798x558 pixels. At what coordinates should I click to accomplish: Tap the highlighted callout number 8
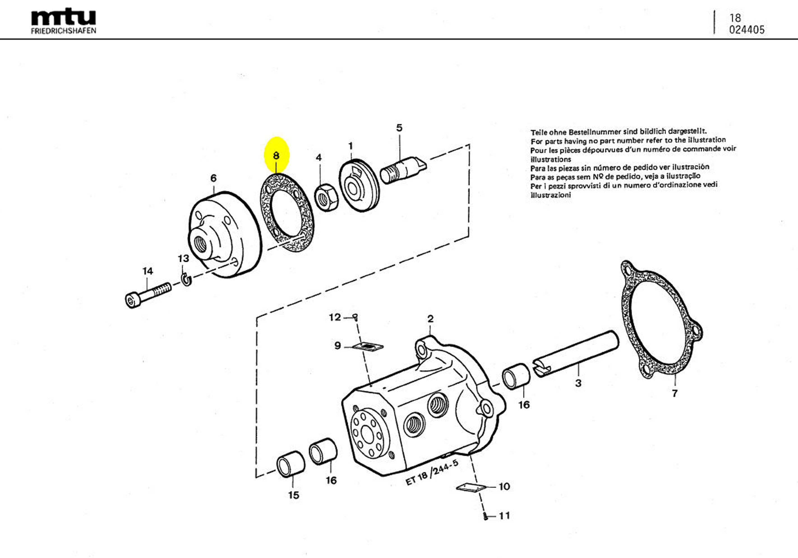(276, 155)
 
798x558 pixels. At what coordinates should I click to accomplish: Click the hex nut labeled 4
(326, 197)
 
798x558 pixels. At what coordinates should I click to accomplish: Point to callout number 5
(399, 128)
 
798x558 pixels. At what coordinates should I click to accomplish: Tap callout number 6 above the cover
(213, 178)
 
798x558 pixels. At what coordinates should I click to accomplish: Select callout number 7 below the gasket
(675, 394)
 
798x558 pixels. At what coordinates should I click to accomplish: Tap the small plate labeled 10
(470, 488)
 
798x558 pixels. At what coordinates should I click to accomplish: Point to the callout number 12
(335, 317)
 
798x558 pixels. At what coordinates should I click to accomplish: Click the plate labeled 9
(368, 346)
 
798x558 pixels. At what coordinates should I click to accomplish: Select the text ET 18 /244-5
(432, 472)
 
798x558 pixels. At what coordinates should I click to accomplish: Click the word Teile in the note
(538, 132)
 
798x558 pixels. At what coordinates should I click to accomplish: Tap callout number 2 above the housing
(430, 319)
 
